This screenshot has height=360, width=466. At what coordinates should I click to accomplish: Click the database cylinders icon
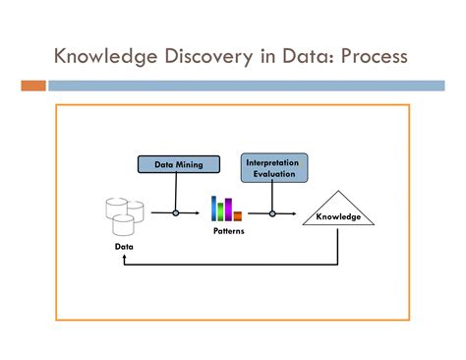click(124, 215)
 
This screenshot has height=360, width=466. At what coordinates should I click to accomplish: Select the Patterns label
click(228, 231)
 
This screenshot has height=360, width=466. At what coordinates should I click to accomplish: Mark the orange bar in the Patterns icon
click(238, 215)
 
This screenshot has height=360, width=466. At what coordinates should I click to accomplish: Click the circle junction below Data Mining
click(175, 212)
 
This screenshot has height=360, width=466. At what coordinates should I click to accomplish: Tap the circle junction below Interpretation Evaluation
click(271, 212)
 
